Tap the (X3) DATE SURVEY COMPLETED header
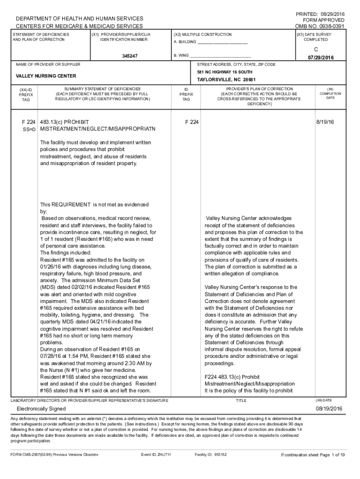click(x=320, y=37)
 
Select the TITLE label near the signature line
click(x=241, y=401)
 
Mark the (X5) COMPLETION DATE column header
click(x=331, y=94)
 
